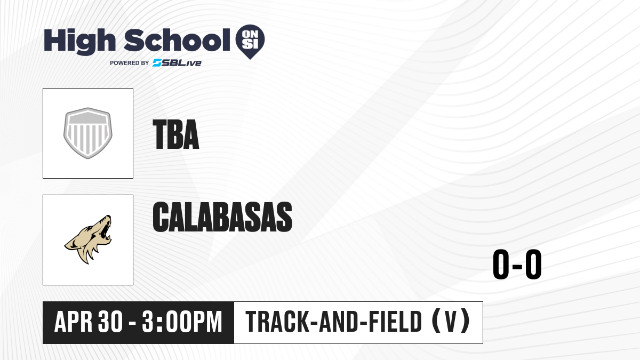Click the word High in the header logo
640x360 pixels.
(80, 42)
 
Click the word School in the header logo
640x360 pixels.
(177, 40)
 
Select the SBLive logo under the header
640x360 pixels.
(177, 63)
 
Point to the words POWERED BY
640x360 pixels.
(130, 63)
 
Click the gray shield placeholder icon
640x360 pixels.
(88, 133)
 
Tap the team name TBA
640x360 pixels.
(175, 134)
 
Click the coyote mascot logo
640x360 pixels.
(88, 239)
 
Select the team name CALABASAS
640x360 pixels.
(222, 217)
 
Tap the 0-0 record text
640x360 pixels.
(517, 264)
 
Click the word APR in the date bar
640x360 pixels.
(74, 322)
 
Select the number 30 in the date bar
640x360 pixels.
(110, 322)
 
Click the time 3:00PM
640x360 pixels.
(182, 322)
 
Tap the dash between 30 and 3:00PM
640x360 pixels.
(132, 323)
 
